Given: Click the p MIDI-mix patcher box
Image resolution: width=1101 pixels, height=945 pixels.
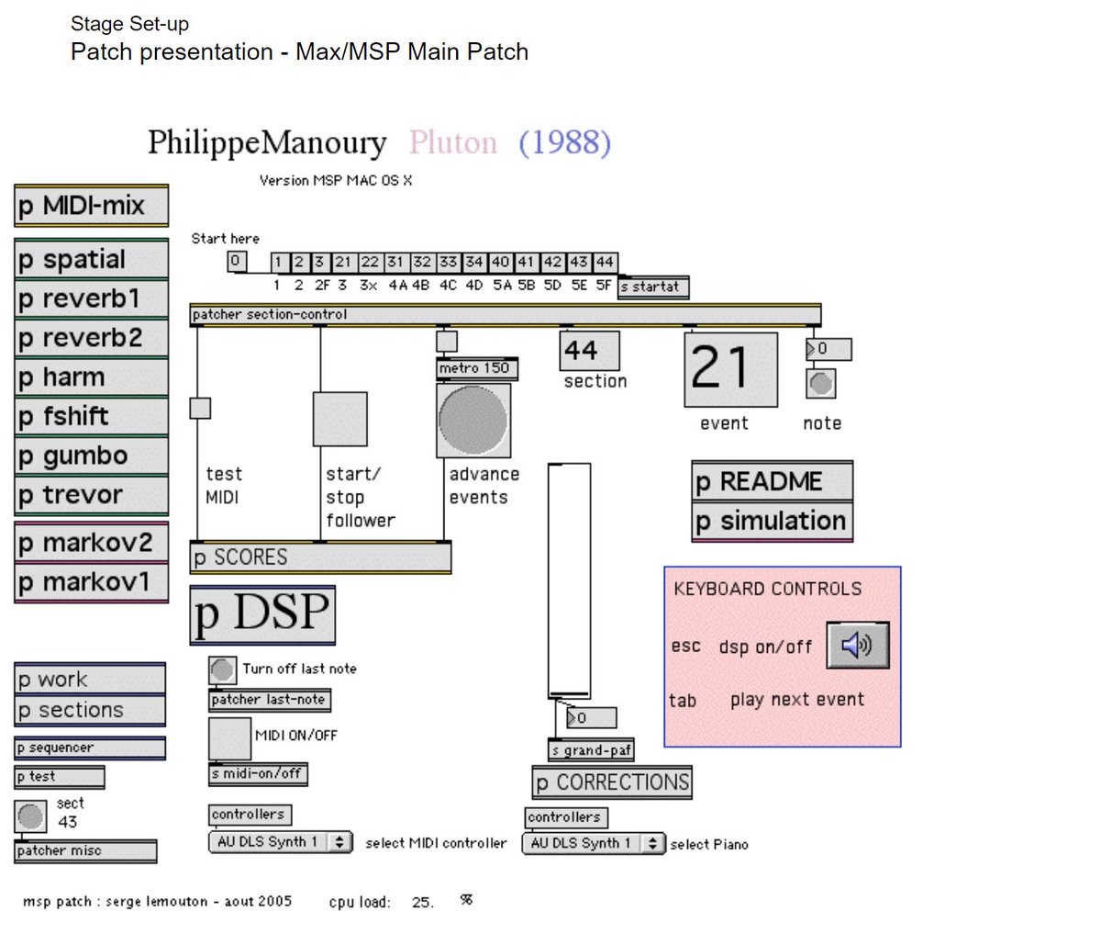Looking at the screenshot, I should coord(91,206).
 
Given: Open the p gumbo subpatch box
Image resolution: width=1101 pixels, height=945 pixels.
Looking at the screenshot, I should coord(91,456).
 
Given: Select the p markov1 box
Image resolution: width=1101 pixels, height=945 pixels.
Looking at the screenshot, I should coord(91,582).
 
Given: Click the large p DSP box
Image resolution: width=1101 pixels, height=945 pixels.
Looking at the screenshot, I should coord(262,614).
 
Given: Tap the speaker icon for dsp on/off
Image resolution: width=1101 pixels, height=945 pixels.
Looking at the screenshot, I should coord(857,645).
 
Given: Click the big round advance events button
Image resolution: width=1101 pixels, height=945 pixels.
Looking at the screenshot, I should coord(473,420).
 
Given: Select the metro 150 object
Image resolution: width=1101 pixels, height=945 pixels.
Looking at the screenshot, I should coord(477,368).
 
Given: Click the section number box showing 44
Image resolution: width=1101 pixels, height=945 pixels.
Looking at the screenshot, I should coord(589,350).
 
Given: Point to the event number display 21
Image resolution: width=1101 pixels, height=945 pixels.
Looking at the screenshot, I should coord(730,369).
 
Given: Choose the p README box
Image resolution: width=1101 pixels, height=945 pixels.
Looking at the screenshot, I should coord(772,481).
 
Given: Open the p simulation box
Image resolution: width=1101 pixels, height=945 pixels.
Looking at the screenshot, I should coord(772,521).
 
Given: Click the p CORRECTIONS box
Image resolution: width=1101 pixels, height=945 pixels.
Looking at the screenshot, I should coord(612,782).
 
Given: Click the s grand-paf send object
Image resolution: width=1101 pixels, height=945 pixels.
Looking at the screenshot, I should coord(591,750).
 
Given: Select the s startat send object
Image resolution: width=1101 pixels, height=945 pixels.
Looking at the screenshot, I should coord(653,287).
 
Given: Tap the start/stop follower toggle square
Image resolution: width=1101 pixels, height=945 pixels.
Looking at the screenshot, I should coord(340,420).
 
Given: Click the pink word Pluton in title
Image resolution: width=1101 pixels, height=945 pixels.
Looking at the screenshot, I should coord(452,142).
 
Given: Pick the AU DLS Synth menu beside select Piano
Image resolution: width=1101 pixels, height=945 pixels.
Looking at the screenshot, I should coord(593,843).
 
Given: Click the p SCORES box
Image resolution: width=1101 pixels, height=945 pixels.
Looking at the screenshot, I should coord(320,557).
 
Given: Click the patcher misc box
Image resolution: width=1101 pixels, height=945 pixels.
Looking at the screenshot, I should coord(85,851).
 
